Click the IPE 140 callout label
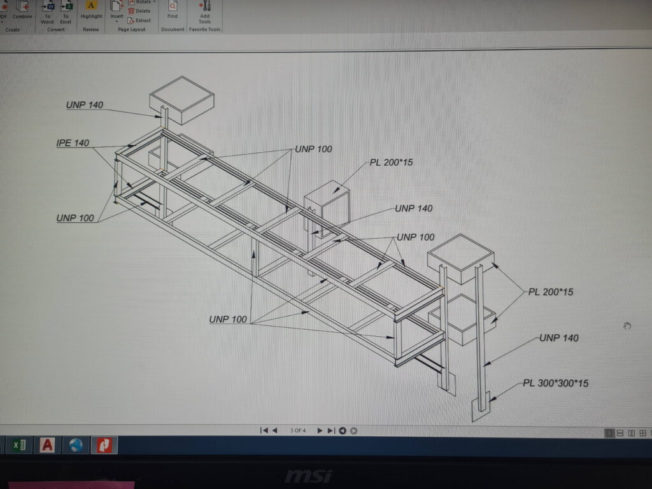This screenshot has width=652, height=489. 73,143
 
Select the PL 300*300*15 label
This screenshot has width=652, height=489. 555,383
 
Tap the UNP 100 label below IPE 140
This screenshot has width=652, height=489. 75,218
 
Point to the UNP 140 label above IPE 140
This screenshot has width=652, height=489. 84,105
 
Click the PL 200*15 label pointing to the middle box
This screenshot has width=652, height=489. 391,162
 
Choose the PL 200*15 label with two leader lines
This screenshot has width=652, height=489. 551,292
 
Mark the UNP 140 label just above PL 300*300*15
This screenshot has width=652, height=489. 559,338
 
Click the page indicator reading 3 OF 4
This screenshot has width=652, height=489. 297,430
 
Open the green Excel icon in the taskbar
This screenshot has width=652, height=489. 19,445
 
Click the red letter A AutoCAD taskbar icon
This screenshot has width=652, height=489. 47,445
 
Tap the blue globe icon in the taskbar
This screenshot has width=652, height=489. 76,445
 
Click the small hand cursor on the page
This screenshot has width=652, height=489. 627,326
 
